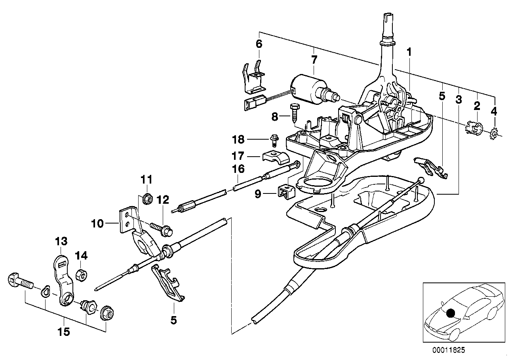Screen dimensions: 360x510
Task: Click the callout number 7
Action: tap(314, 61)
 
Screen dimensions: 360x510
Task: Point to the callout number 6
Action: tap(259, 44)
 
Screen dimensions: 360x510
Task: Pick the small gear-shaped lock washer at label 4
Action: tap(493, 135)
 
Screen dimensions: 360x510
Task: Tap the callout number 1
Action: tap(409, 52)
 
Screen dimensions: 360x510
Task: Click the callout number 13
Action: tap(61, 241)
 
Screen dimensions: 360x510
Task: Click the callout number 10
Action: tap(97, 224)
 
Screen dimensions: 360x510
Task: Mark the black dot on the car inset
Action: tap(450, 313)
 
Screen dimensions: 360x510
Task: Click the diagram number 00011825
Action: tap(449, 350)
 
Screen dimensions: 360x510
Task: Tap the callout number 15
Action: tap(64, 332)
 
